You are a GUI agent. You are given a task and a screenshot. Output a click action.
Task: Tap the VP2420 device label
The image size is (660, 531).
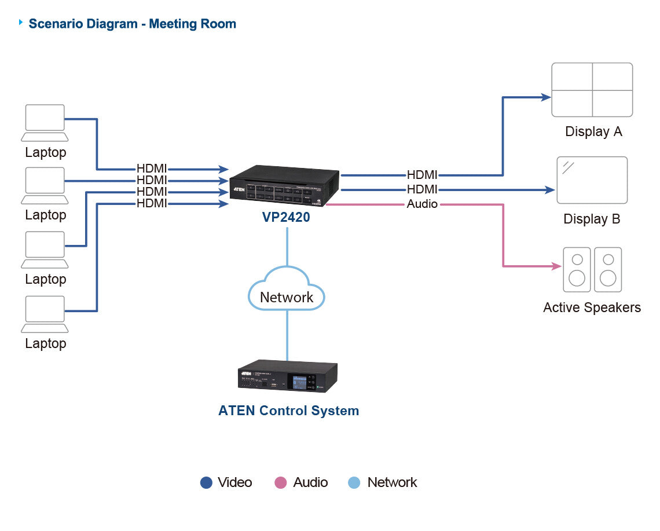pos(286,217)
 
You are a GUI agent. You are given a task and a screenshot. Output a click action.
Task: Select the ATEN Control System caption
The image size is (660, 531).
pos(288,411)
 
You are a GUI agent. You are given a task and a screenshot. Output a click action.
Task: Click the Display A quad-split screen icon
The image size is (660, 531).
pos(592,90)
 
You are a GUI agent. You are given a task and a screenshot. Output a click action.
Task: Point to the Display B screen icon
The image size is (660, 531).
pos(592,180)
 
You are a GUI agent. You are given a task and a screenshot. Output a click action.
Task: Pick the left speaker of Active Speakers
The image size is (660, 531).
pos(577,270)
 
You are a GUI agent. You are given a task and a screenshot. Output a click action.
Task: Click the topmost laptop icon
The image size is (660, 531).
pos(45,122)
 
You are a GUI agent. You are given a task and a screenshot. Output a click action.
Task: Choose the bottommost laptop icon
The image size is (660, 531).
pos(45,314)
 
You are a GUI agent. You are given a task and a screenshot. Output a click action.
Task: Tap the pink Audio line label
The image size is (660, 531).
pos(422,204)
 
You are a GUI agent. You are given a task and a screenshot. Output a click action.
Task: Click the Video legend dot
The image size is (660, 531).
pos(206,482)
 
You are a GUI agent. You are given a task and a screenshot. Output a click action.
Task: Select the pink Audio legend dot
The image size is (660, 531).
pos(281,482)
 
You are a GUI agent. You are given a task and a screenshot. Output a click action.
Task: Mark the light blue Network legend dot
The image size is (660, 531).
pos(354,482)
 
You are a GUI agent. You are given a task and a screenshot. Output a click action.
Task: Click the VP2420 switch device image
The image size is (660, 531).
pos(284,185)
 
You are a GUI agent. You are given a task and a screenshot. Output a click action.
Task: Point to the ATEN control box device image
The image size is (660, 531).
pos(287,376)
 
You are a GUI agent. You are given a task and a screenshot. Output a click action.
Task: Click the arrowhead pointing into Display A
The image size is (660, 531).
pos(545,97)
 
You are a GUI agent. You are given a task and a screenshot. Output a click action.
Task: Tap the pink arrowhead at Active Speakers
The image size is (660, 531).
pos(556,266)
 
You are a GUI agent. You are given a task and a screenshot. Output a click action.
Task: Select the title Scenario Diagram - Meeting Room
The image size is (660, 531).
pos(132,24)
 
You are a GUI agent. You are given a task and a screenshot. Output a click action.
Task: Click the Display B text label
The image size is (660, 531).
pos(592,219)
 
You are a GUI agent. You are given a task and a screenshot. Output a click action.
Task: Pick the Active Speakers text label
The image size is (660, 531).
pos(592,307)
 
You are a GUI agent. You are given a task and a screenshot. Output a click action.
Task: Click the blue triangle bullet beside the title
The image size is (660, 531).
pos(21,22)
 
